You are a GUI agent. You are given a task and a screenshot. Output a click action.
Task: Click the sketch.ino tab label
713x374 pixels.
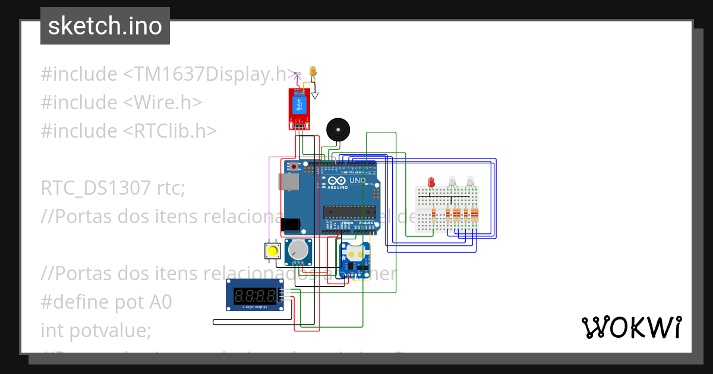pos(105,26)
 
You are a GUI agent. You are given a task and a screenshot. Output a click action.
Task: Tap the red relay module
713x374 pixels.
pos(299,108)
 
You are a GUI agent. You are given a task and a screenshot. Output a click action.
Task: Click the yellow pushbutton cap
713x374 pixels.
pos(272,251)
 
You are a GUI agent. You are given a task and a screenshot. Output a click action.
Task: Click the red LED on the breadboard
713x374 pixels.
pos(431,182)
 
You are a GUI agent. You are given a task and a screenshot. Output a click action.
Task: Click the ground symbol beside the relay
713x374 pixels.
pos(316,95)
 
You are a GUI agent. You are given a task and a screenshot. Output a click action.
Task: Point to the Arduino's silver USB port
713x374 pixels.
pos(289,182)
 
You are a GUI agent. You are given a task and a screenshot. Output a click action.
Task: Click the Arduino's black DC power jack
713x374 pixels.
pos(291,224)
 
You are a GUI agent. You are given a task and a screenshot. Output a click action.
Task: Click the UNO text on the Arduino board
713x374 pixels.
pos(358,180)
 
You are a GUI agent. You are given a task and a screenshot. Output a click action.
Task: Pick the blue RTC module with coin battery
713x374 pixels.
pos(355,259)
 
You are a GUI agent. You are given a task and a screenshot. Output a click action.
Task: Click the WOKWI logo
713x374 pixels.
pos(631,327)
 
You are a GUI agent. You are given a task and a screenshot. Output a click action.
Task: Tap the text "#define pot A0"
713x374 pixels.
pos(106,302)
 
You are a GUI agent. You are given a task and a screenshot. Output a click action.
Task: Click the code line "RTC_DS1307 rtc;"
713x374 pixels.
pos(113,188)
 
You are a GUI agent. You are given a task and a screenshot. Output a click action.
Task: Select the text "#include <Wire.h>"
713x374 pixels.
pos(122,102)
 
